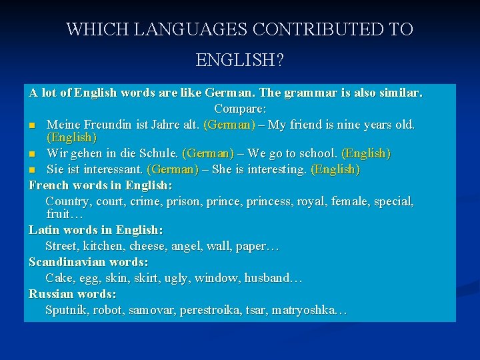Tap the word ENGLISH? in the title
coord(239,61)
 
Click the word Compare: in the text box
coord(240,108)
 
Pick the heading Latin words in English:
coord(95,230)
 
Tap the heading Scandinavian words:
coord(88,262)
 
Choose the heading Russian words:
coord(73,294)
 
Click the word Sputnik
coord(66,310)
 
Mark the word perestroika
coord(213,310)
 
